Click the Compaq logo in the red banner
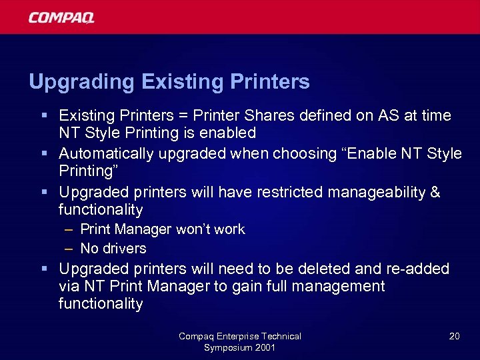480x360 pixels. (x=61, y=17)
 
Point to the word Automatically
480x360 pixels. (x=105, y=153)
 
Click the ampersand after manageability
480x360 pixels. (x=435, y=192)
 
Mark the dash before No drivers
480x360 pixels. (x=69, y=249)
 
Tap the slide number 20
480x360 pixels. (x=454, y=336)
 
